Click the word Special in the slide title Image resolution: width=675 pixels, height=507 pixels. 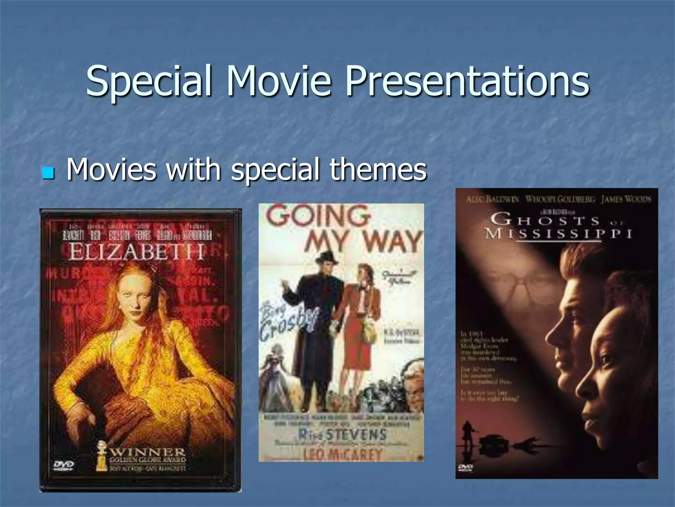tap(148, 81)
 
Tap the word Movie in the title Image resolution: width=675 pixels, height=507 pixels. tap(279, 81)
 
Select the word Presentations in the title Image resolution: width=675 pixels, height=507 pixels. tap(467, 81)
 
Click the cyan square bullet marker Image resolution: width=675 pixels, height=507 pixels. tap(48, 172)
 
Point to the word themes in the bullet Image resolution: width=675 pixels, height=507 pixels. tap(378, 169)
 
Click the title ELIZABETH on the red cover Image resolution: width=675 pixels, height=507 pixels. tap(136, 252)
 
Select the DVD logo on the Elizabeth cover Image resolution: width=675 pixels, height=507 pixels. tap(64, 465)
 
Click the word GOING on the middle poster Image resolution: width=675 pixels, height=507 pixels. tap(318, 216)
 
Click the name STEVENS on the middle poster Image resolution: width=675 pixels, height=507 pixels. tap(356, 434)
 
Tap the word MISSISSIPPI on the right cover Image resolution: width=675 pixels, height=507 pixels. tap(559, 234)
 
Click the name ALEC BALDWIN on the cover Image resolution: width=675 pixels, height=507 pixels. tap(492, 199)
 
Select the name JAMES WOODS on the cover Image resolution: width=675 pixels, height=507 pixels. tap(626, 199)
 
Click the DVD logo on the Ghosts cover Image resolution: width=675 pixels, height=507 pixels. tap(465, 467)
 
